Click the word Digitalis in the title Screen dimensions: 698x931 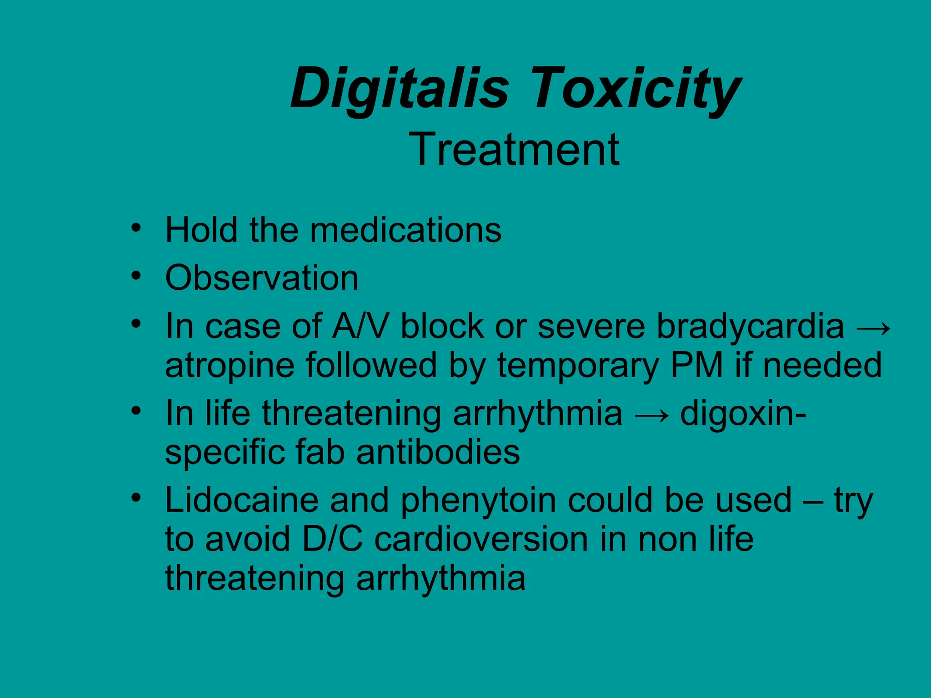(x=400, y=88)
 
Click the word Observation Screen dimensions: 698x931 (x=262, y=278)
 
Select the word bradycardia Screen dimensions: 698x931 (x=750, y=326)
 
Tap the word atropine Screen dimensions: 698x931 (x=230, y=365)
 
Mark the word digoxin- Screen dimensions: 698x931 (x=743, y=414)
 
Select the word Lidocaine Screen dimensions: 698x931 (x=241, y=500)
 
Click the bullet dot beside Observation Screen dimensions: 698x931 (x=135, y=275)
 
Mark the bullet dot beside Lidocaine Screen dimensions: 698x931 (x=135, y=498)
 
